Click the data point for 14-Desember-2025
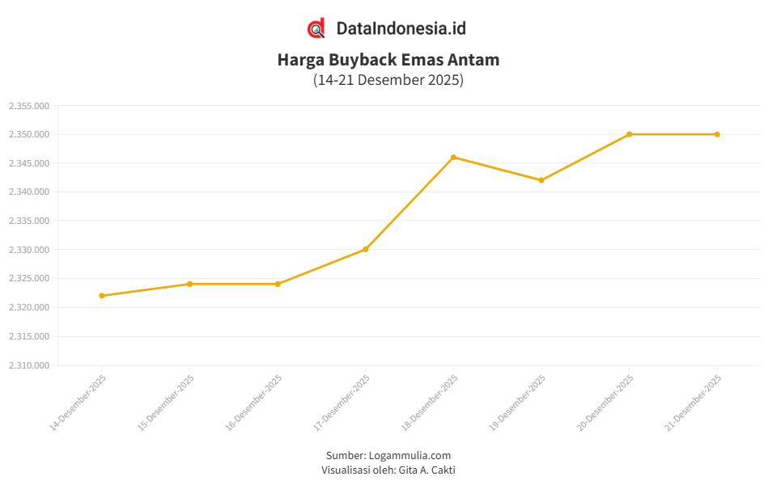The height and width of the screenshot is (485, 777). pyautogui.click(x=102, y=296)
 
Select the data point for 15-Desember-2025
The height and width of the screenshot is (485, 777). pyautogui.click(x=189, y=284)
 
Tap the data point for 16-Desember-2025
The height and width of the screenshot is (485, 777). pyautogui.click(x=278, y=284)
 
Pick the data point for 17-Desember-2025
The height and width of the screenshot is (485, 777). pyautogui.click(x=366, y=249)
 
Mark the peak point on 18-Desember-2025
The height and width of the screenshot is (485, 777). pyautogui.click(x=453, y=157)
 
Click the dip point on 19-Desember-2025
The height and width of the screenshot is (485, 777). pyautogui.click(x=541, y=180)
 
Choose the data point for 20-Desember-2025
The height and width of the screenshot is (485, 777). pyautogui.click(x=629, y=134)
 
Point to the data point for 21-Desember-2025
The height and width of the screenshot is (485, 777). pyautogui.click(x=717, y=134)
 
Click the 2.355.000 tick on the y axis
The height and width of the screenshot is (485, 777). pyautogui.click(x=29, y=106)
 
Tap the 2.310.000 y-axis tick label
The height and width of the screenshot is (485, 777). pyautogui.click(x=29, y=365)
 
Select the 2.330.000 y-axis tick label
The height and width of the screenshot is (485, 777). pyautogui.click(x=29, y=250)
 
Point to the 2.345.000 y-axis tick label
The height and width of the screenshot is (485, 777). pyautogui.click(x=29, y=163)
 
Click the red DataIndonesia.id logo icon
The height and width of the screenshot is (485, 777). pyautogui.click(x=316, y=28)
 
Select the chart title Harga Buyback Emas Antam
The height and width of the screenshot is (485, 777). pyautogui.click(x=388, y=60)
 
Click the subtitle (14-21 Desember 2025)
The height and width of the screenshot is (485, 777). pyautogui.click(x=388, y=80)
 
